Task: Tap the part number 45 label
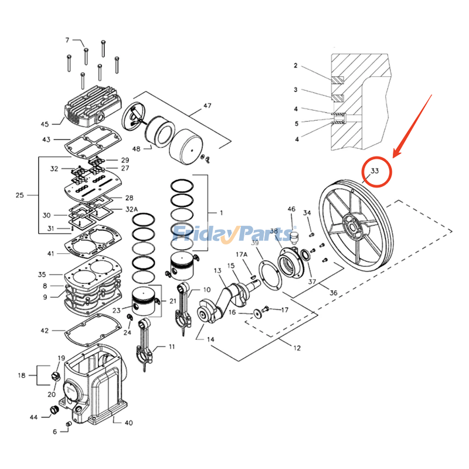click(x=45, y=124)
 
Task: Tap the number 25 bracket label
click(x=20, y=195)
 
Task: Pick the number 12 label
click(x=297, y=348)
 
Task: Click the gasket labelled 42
click(x=86, y=329)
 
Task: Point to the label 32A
click(x=131, y=209)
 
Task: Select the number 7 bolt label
click(x=67, y=40)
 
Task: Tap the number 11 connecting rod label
click(x=172, y=346)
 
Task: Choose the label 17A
click(x=241, y=255)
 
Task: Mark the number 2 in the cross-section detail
click(x=296, y=65)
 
